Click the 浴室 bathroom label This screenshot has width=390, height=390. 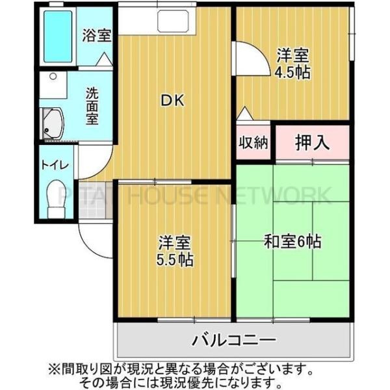pos(96,35)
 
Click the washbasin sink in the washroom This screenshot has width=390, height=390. pos(54,123)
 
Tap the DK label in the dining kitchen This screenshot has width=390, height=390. pos(174,101)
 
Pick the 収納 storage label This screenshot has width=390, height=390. pos(253,143)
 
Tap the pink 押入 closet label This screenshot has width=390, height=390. pos(313,142)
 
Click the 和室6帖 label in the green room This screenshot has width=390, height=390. pos(292,242)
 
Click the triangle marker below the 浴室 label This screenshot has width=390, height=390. pos(102,59)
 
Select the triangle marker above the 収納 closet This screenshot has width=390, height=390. pos(244,114)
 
